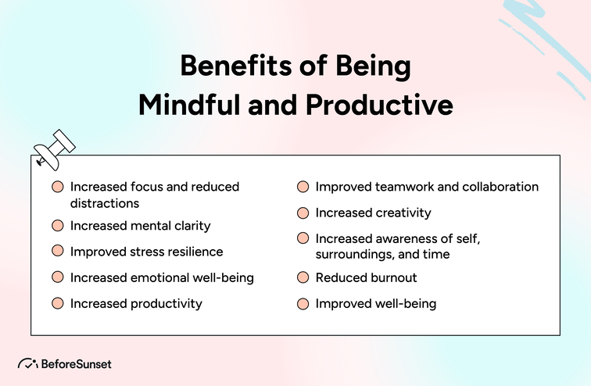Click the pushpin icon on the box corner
(53, 148)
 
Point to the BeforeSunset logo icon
(28, 364)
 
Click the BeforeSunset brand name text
(77, 364)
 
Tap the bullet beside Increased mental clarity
(58, 226)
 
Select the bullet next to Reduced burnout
(303, 277)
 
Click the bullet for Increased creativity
(303, 213)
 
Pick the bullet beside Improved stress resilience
(58, 252)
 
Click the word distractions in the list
(105, 202)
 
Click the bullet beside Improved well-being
(303, 303)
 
